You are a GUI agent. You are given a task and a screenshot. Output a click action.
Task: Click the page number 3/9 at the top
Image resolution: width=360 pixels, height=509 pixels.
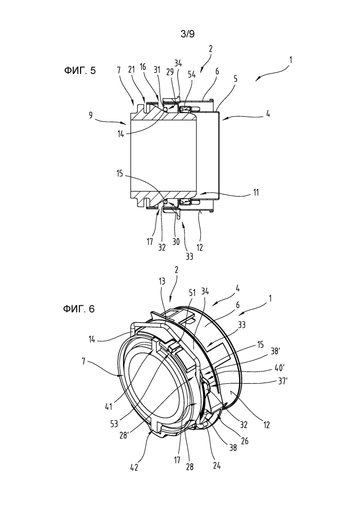click(188, 34)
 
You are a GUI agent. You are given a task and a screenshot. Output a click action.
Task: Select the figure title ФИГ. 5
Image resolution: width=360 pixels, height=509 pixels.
click(80, 70)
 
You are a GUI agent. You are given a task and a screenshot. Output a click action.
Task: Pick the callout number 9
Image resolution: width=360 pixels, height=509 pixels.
click(91, 115)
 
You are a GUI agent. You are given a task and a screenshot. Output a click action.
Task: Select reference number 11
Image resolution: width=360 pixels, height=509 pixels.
click(256, 193)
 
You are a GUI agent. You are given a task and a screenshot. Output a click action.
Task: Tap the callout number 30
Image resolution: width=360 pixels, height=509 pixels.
click(175, 242)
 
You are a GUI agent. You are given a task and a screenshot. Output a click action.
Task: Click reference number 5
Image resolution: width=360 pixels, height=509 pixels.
click(235, 78)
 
